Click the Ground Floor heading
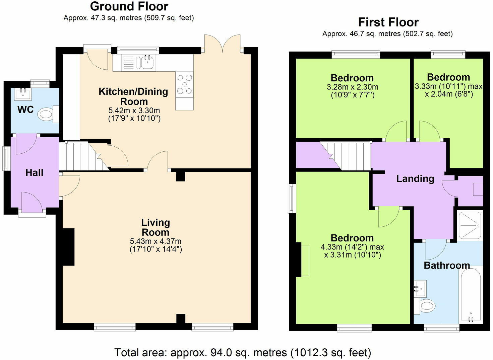(129, 6)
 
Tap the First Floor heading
(388, 22)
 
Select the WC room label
(25, 109)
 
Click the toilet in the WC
(48, 114)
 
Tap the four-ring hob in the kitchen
(185, 84)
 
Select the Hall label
(34, 173)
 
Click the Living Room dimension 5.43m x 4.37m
(156, 241)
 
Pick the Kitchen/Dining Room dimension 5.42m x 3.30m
(134, 110)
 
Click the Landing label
(415, 179)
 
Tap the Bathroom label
(447, 266)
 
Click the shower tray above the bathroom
(470, 225)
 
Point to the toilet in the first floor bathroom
(425, 306)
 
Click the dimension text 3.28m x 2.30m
(353, 87)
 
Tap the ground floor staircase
(84, 156)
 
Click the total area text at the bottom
(243, 353)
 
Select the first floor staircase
(346, 156)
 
